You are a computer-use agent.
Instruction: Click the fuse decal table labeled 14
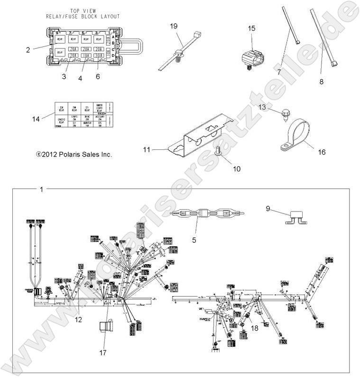(82, 115)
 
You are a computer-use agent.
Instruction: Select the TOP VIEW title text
(82, 13)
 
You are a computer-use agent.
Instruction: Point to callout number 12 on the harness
(79, 320)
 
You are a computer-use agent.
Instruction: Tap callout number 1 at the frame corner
(42, 190)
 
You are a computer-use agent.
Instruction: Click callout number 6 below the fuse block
(98, 76)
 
